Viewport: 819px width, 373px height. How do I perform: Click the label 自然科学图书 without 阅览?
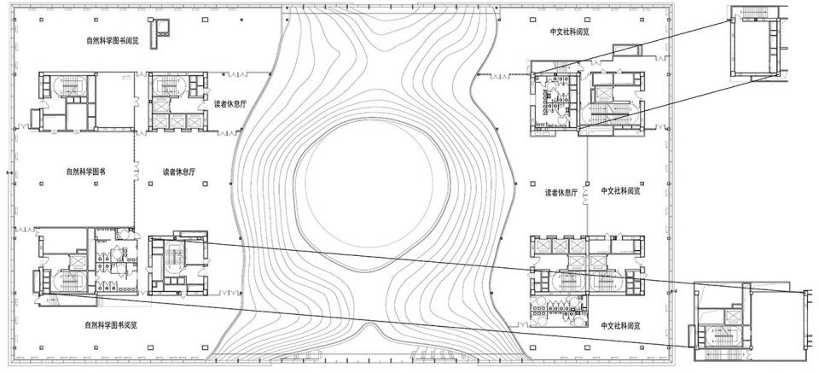coord(85,171)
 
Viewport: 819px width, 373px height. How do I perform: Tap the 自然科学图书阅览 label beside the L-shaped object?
coord(113,39)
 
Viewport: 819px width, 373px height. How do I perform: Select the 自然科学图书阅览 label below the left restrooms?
coord(113,324)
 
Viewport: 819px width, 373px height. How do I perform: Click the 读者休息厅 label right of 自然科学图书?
coord(180,171)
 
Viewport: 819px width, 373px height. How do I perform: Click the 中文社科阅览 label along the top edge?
coord(571,32)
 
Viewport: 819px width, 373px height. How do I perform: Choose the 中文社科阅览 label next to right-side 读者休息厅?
coord(620,190)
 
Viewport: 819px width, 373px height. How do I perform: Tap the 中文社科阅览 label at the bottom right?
coord(620,326)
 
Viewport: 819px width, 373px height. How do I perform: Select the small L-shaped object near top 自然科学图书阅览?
coord(157,29)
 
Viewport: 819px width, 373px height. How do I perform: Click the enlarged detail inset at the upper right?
coord(757,43)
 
